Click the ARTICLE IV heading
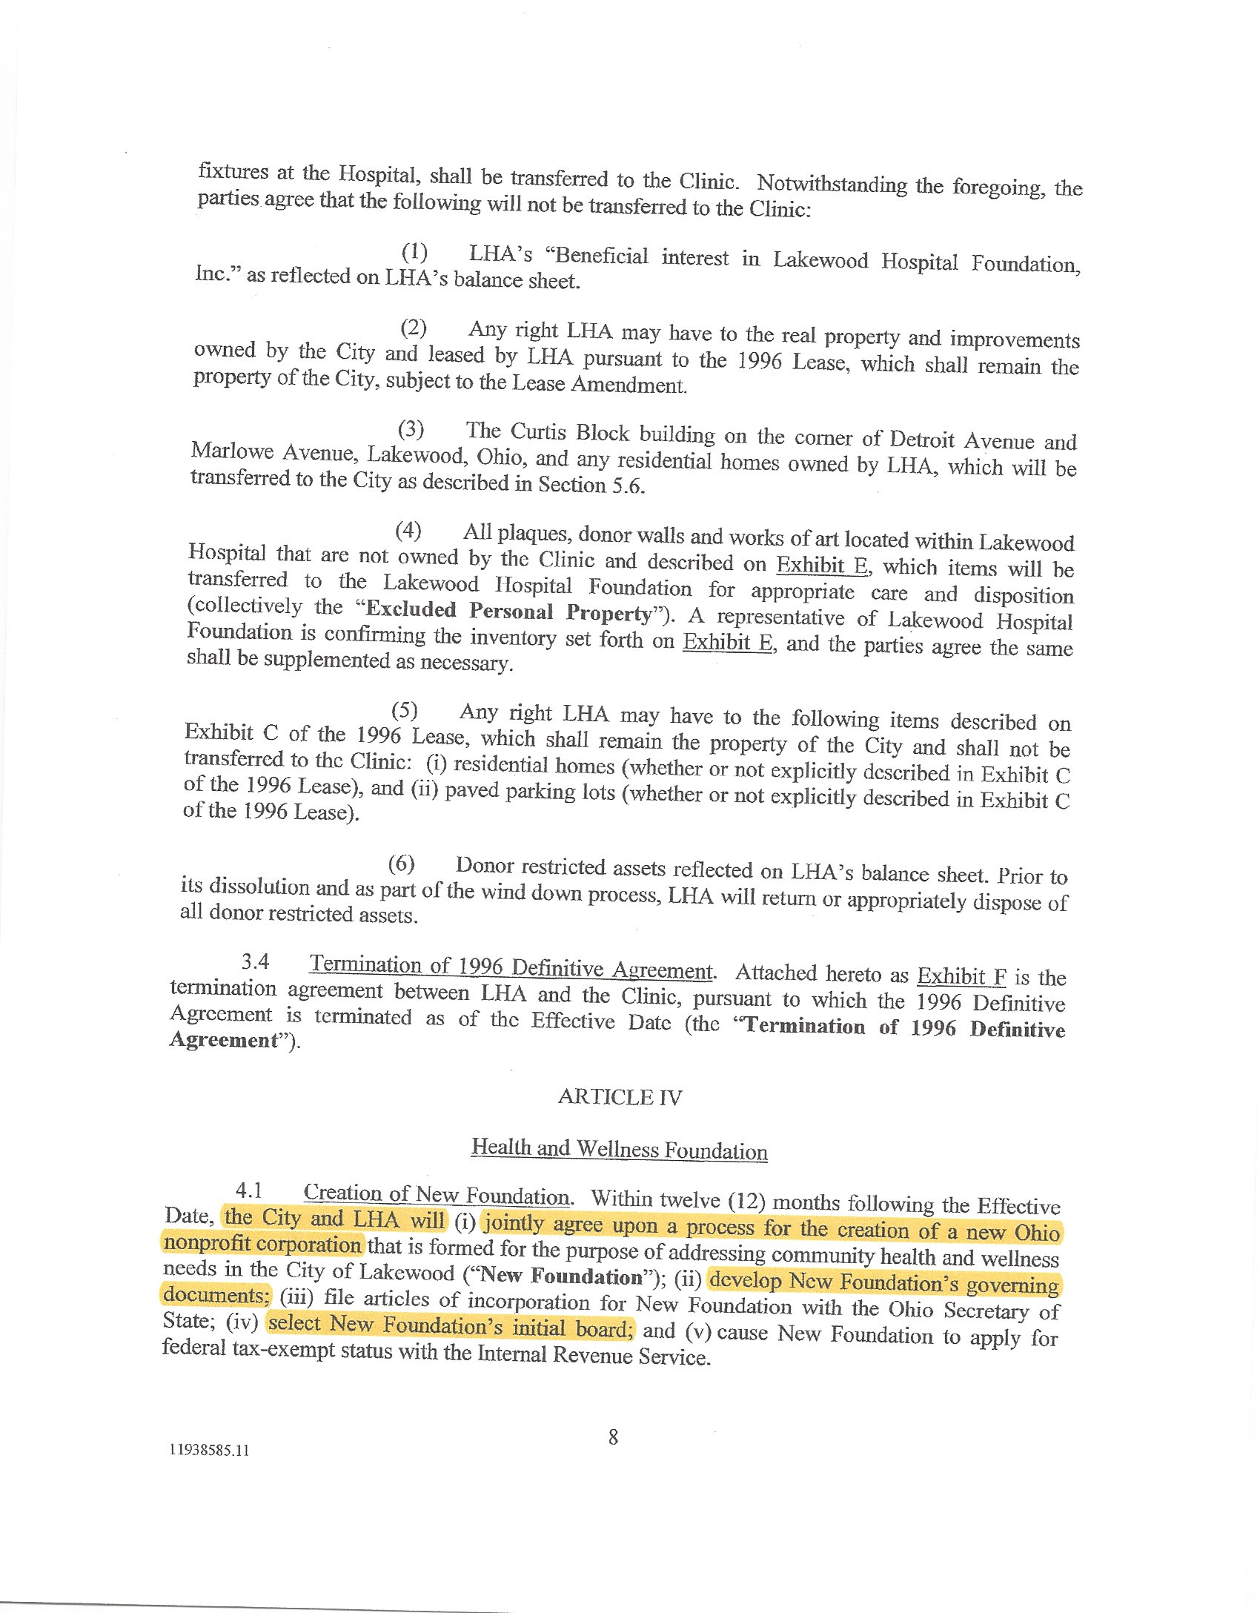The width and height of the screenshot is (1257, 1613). (x=620, y=1097)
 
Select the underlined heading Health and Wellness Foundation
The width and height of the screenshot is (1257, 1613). (x=619, y=1149)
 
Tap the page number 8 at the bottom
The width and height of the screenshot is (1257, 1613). (x=613, y=1437)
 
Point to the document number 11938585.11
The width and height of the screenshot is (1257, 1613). (x=210, y=1450)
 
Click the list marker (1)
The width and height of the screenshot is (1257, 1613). (x=414, y=253)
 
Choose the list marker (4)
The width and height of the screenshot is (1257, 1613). (x=408, y=531)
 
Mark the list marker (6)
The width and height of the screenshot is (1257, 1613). (x=401, y=864)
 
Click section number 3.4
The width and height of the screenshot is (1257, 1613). (x=255, y=961)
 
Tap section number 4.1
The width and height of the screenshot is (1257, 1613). (x=249, y=1190)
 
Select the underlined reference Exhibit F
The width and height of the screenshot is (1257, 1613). (x=961, y=976)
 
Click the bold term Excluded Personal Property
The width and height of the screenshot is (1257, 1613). (x=508, y=611)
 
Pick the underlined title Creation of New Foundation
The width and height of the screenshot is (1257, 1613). (x=436, y=1194)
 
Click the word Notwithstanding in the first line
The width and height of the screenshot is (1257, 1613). (x=832, y=184)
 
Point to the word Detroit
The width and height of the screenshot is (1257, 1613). (x=922, y=439)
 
